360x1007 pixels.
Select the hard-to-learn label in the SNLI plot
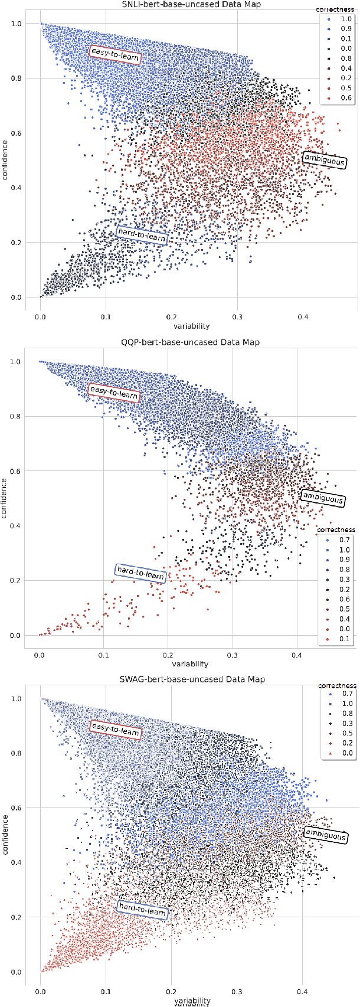(142, 235)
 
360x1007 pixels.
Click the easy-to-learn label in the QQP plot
(113, 392)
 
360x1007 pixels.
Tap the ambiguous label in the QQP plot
(322, 498)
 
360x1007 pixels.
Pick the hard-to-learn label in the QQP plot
(140, 573)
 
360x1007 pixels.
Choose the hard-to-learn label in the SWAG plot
(142, 911)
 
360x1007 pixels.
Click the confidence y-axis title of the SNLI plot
(5, 159)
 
